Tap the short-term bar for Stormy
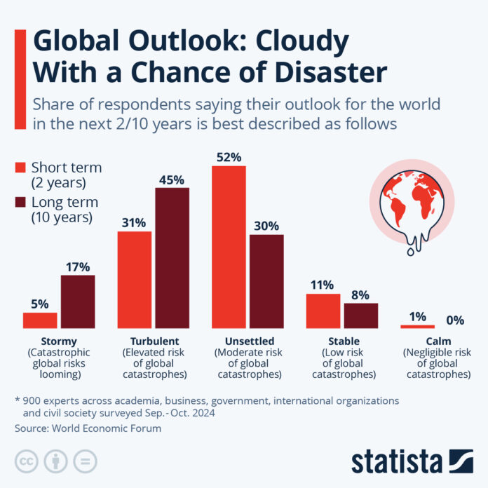click(40, 320)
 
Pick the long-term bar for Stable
click(361, 316)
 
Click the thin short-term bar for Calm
click(417, 327)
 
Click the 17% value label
click(78, 266)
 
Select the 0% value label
click(455, 320)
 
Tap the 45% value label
click(172, 179)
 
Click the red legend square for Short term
click(20, 168)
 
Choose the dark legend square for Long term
click(20, 203)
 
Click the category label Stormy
click(59, 341)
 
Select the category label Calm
click(436, 341)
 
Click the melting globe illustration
click(413, 203)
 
